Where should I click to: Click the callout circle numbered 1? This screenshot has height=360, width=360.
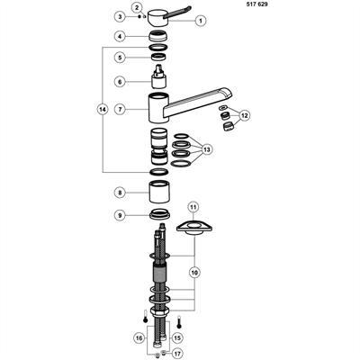pos(201,21)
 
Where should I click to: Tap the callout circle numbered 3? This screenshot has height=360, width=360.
pos(121,16)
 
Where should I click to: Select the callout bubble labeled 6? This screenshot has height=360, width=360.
pos(120,82)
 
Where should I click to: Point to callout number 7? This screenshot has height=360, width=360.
pos(121,109)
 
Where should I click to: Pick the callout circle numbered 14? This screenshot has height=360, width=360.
pos(103,110)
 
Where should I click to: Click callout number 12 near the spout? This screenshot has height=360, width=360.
pos(245,115)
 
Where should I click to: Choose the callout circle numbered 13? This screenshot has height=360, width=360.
pos(207,149)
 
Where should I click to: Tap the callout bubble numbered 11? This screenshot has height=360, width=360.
pos(193,207)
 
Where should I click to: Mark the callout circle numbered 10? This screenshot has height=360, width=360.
pos(194,273)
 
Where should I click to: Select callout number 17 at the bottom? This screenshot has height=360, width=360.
pos(177,354)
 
